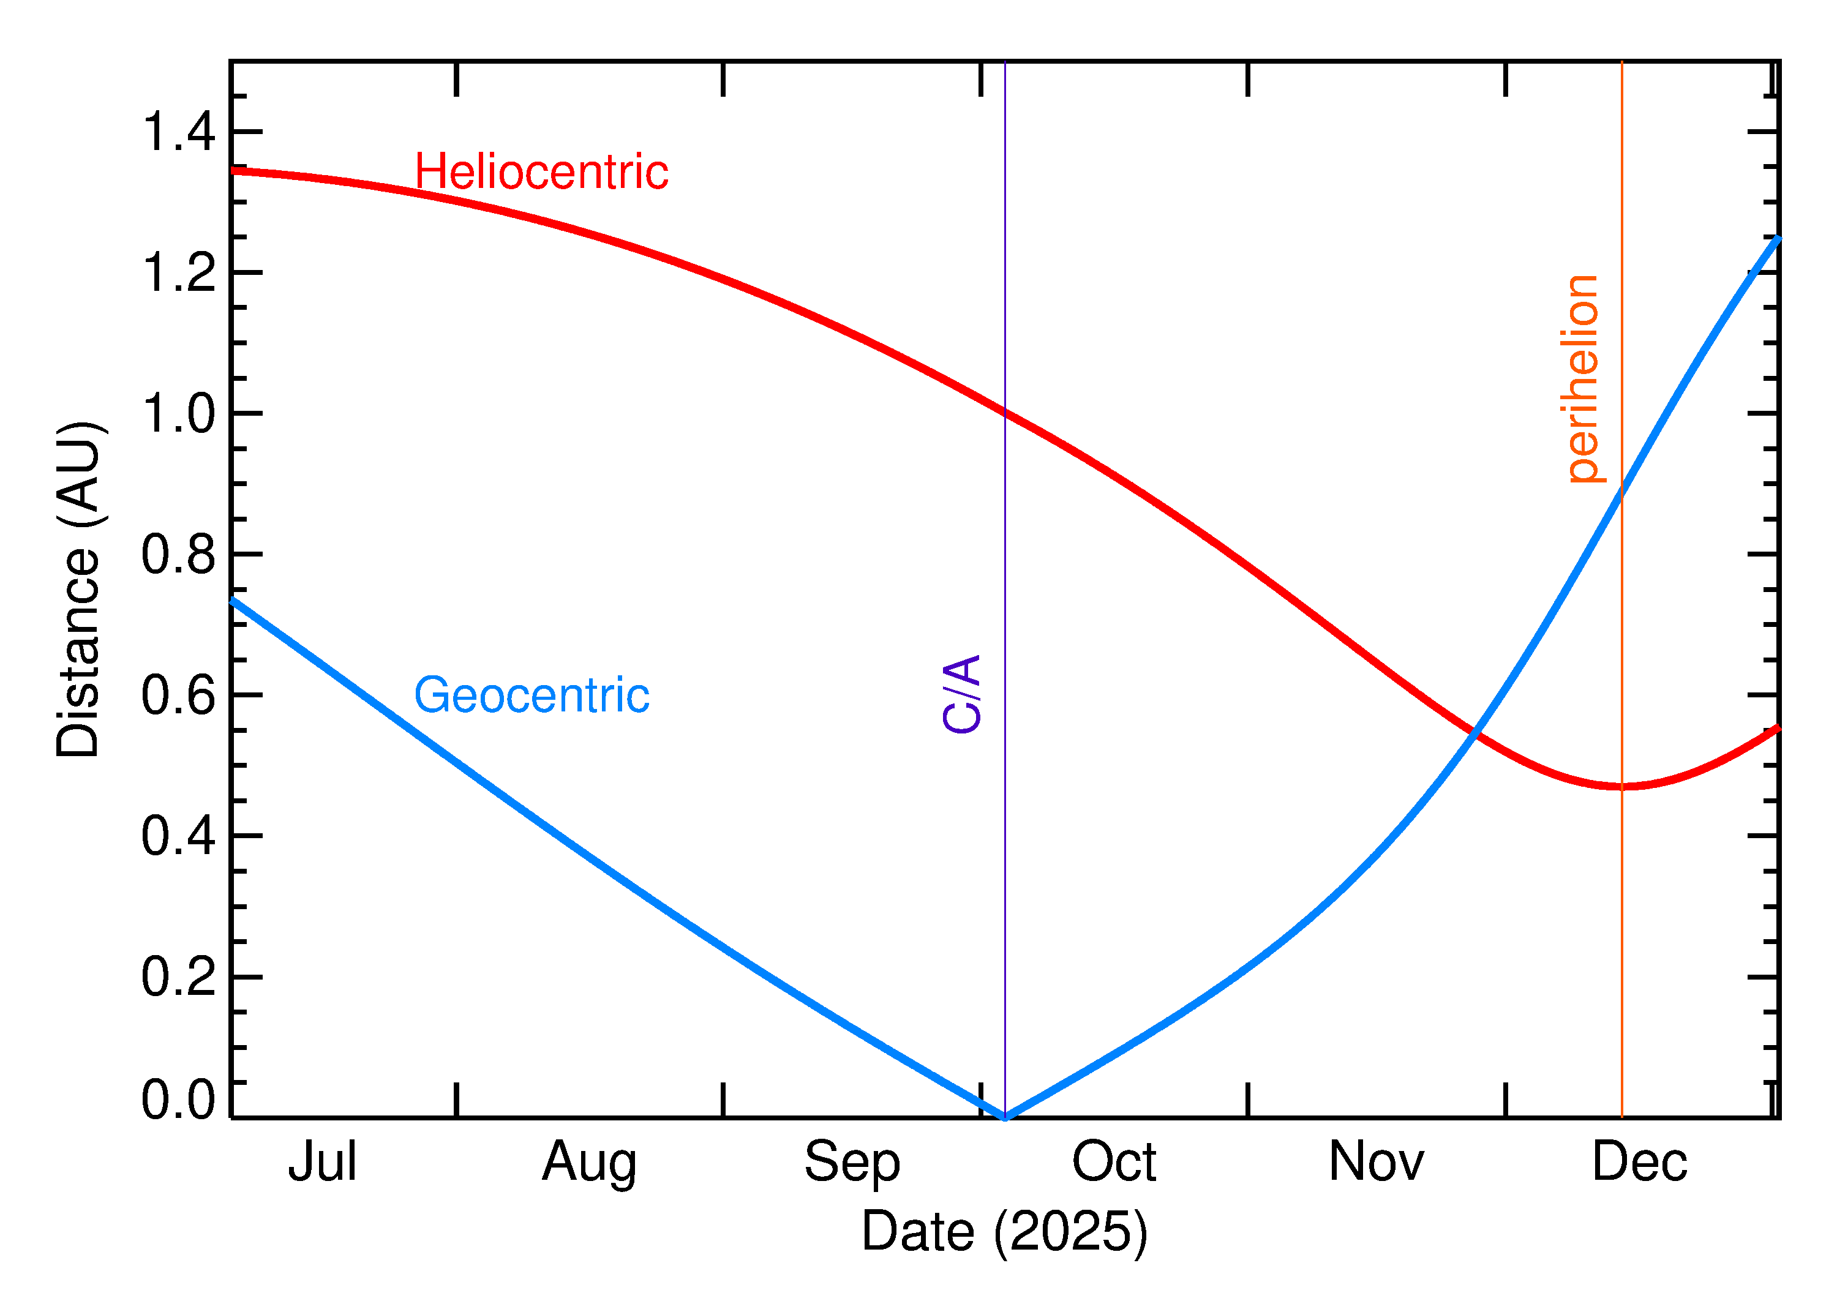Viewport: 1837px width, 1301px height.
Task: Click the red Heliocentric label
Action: pyautogui.click(x=541, y=172)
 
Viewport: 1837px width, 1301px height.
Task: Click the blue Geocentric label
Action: pyautogui.click(x=531, y=695)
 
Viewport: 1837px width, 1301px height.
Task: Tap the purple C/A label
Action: pyautogui.click(x=962, y=694)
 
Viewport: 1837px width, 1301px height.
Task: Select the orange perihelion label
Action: pyautogui.click(x=1582, y=379)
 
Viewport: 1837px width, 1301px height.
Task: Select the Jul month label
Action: pyautogui.click(x=322, y=1161)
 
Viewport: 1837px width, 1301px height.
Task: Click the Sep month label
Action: pyautogui.click(x=852, y=1161)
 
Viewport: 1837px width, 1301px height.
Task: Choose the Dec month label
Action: pyautogui.click(x=1639, y=1161)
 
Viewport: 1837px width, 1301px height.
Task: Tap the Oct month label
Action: pyautogui.click(x=1114, y=1161)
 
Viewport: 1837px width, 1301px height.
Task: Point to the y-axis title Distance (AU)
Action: pyautogui.click(x=78, y=589)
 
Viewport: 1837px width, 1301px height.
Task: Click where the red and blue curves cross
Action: pyautogui.click(x=1473, y=732)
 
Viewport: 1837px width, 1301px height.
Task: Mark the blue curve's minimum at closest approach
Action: pyautogui.click(x=1005, y=1117)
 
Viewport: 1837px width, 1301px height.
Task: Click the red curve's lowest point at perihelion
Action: pyautogui.click(x=1622, y=787)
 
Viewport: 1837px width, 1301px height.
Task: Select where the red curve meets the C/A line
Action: pyautogui.click(x=1005, y=413)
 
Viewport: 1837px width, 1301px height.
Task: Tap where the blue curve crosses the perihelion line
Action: pyautogui.click(x=1622, y=490)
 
